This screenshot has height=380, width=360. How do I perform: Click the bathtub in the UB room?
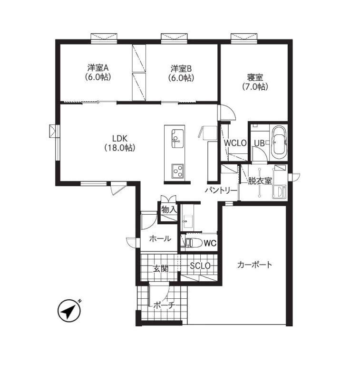pyautogui.click(x=279, y=142)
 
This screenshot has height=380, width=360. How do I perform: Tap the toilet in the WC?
pyautogui.click(x=194, y=243)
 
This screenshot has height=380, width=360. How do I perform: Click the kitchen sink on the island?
pyautogui.click(x=177, y=138)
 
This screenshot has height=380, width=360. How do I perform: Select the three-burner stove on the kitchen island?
pyautogui.click(x=177, y=171)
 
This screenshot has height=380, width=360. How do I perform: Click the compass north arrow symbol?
pyautogui.click(x=69, y=311)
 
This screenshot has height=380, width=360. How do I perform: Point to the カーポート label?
pyautogui.click(x=255, y=265)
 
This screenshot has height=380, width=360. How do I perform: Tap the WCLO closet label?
pyautogui.click(x=235, y=143)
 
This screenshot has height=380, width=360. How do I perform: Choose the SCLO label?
pyautogui.click(x=200, y=266)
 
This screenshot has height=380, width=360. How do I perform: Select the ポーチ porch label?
pyautogui.click(x=164, y=305)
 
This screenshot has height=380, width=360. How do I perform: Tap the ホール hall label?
pyautogui.click(x=160, y=239)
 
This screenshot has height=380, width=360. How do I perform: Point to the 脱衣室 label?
pyautogui.click(x=260, y=181)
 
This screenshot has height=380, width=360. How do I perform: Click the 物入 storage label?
pyautogui.click(x=169, y=209)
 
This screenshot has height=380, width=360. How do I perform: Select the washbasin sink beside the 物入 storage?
pyautogui.click(x=188, y=221)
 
